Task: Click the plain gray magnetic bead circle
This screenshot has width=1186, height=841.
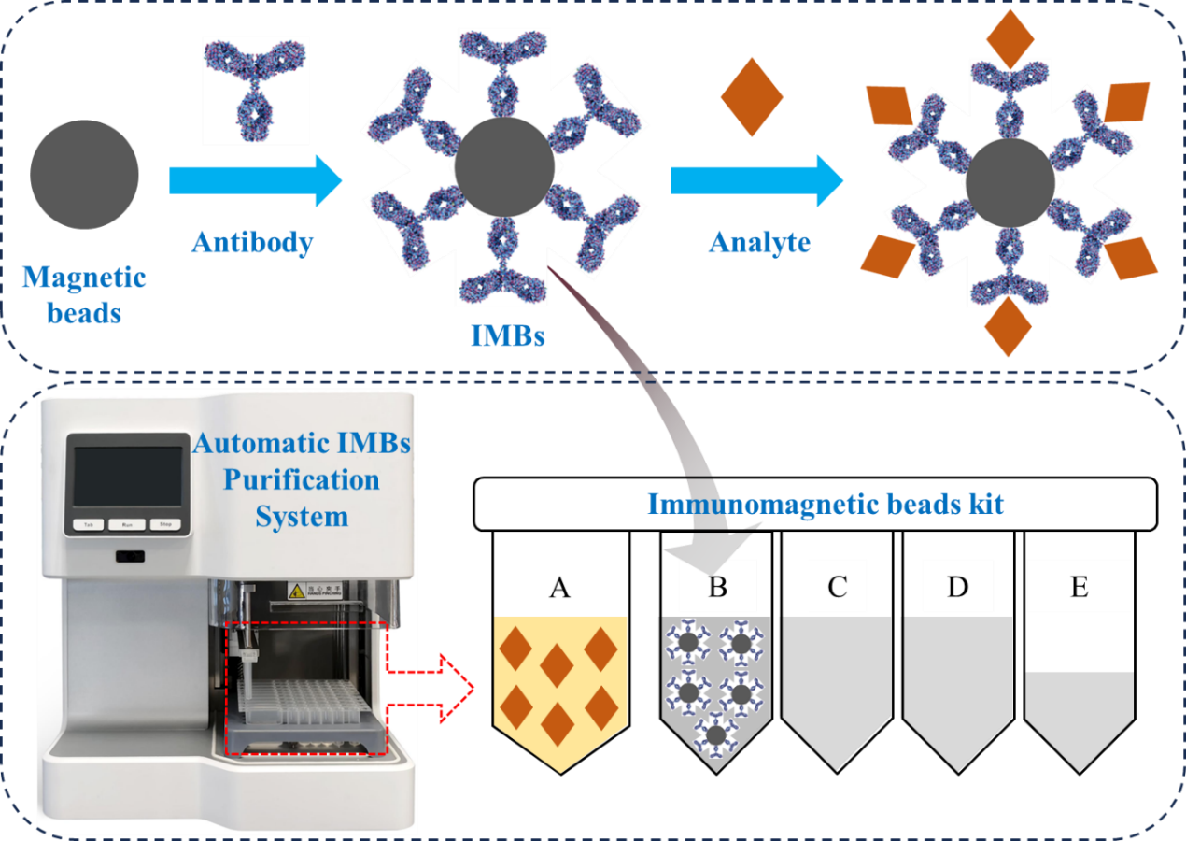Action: (84, 174)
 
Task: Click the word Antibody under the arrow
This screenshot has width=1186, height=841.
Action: (252, 242)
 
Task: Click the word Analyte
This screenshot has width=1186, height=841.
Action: (759, 242)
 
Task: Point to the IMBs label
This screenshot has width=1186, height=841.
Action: (508, 335)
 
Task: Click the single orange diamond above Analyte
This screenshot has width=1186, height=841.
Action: (752, 97)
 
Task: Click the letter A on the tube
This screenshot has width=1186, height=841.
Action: (559, 587)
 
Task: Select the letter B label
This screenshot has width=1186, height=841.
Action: (717, 587)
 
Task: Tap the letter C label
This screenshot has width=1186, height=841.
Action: (837, 587)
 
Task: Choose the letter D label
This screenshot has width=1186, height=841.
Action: (957, 587)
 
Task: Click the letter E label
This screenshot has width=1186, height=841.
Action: (1079, 587)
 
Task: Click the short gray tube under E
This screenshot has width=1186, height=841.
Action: (1080, 715)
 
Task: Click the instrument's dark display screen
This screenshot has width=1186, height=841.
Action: (128, 476)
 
